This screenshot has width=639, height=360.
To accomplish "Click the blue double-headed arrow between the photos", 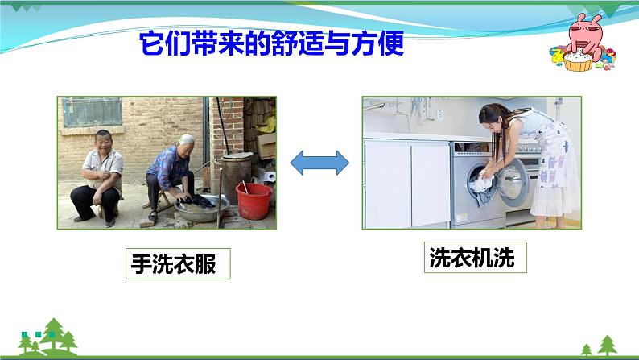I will pos(319,163).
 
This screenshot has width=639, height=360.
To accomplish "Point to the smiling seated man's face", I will pos(103,142).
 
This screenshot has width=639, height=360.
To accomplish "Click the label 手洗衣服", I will pos(177,263).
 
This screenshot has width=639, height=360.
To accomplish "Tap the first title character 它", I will pos(153,42).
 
